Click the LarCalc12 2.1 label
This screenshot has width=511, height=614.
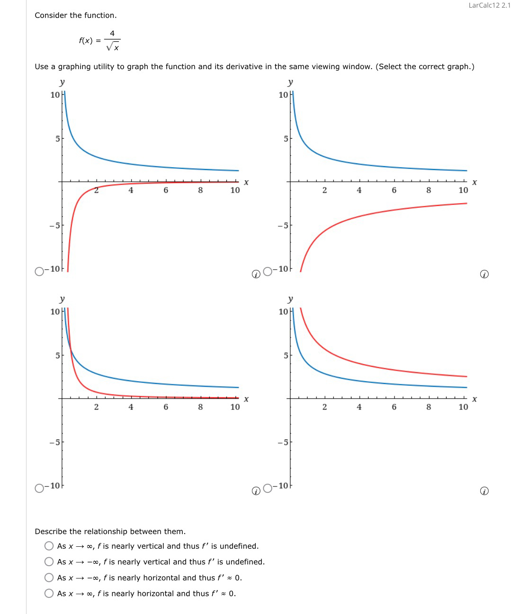[x=489, y=5]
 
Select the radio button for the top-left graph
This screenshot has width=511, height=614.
[x=39, y=271]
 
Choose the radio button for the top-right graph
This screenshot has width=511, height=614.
[x=268, y=271]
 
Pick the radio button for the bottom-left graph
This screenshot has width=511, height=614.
[x=39, y=488]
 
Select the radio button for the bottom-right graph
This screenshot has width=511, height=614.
[x=268, y=488]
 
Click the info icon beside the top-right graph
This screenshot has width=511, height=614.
[x=484, y=274]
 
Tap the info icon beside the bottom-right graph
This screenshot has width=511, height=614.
[x=484, y=491]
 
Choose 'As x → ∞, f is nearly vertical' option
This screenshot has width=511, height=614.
[x=49, y=546]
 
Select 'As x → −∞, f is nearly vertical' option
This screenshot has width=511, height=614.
[x=49, y=561]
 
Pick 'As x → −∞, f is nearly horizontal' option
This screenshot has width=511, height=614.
[x=49, y=578]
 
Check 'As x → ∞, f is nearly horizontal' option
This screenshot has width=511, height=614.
[x=49, y=593]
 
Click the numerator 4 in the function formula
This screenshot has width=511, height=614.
[x=112, y=33]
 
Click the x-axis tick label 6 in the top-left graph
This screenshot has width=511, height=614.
[x=166, y=190]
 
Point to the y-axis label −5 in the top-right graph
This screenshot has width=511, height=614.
[x=282, y=225]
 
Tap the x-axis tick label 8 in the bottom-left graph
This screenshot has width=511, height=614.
[x=200, y=407]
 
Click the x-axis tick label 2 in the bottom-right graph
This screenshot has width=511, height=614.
[x=324, y=407]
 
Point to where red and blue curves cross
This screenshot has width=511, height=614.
[x=70, y=350]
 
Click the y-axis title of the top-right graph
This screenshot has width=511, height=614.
[x=290, y=82]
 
